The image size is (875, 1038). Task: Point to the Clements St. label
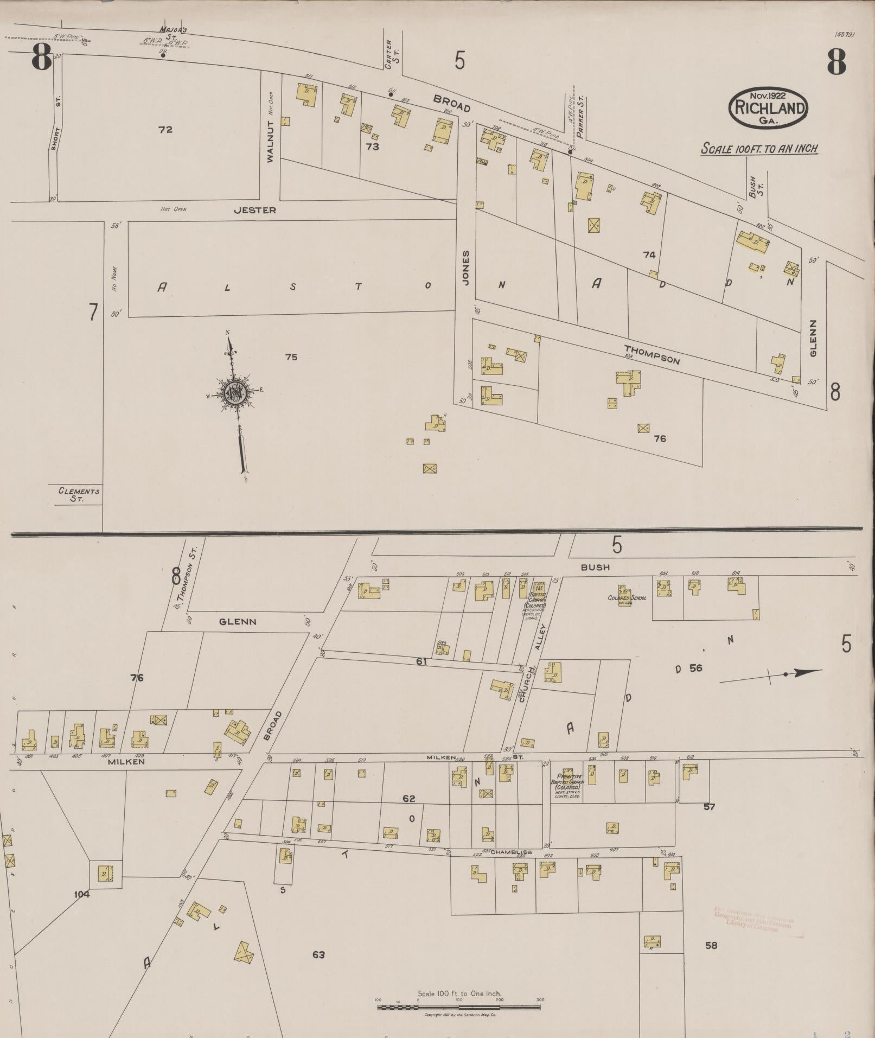[79, 494]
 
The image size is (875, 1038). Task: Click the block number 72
[165, 130]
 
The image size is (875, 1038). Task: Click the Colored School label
[627, 598]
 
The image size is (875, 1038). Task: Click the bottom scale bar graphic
[459, 1007]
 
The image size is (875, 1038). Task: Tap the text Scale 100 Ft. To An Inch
[759, 148]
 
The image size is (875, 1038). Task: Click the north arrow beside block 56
[771, 675]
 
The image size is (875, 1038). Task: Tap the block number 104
[82, 894]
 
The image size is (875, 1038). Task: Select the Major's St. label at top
[174, 34]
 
